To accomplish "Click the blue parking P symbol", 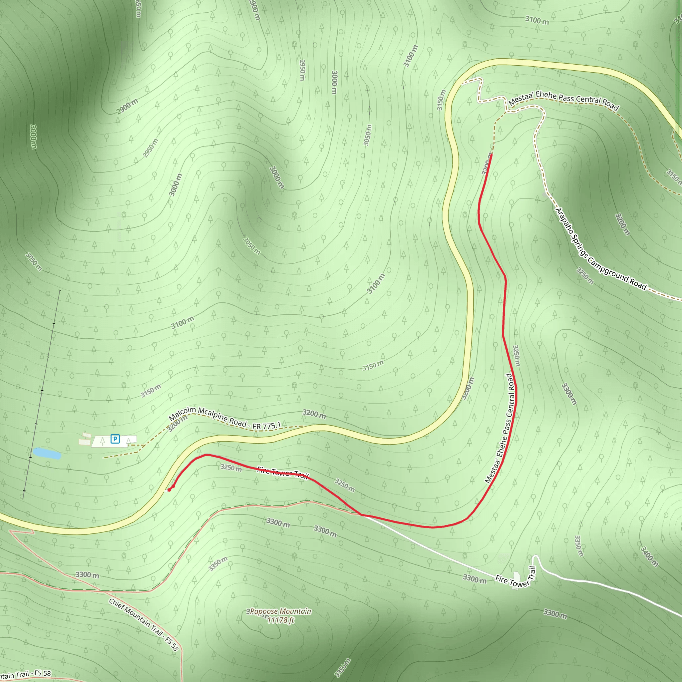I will tap(115, 439).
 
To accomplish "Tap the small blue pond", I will tap(47, 453).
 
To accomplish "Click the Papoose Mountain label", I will tap(279, 611).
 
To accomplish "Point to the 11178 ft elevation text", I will tap(281, 620).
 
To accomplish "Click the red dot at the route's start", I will tap(169, 490).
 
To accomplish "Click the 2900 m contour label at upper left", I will tap(127, 106).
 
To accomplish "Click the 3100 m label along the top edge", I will tap(537, 20).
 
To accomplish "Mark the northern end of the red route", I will tap(492, 154).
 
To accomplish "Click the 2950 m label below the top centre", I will tap(302, 70).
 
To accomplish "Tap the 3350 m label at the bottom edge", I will tap(342, 668).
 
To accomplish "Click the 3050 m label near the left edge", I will tap(34, 261).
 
